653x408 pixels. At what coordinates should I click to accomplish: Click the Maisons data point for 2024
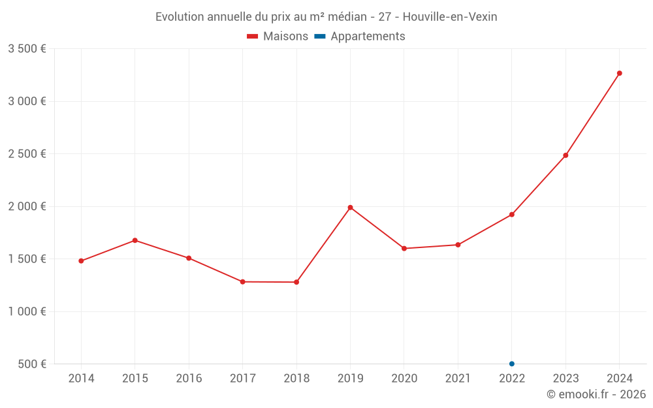tap(619, 73)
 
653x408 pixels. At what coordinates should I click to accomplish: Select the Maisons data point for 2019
tap(350, 208)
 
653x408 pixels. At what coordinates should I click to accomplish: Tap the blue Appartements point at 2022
tap(512, 364)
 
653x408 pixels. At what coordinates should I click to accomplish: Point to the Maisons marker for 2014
tap(81, 261)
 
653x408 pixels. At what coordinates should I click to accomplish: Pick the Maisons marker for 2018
tap(296, 282)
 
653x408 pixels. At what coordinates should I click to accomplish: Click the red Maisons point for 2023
tap(565, 155)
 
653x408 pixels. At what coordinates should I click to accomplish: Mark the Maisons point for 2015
tap(135, 240)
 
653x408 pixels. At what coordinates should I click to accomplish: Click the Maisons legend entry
tap(278, 37)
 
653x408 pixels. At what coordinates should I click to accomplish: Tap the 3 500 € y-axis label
tap(27, 49)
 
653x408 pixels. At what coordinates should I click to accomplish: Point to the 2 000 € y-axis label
tap(27, 206)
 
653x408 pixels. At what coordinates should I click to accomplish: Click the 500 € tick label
tap(31, 364)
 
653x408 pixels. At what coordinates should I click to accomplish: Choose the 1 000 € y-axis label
tap(27, 311)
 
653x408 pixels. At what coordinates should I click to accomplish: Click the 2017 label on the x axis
tap(242, 379)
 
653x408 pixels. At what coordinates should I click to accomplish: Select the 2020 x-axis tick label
tap(404, 379)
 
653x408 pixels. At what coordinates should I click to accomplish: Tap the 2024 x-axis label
tap(619, 379)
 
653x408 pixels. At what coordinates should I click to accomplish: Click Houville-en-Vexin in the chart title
tap(450, 17)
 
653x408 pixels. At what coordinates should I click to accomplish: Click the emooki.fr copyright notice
tap(596, 394)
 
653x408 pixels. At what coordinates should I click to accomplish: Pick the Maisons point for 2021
tap(458, 245)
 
